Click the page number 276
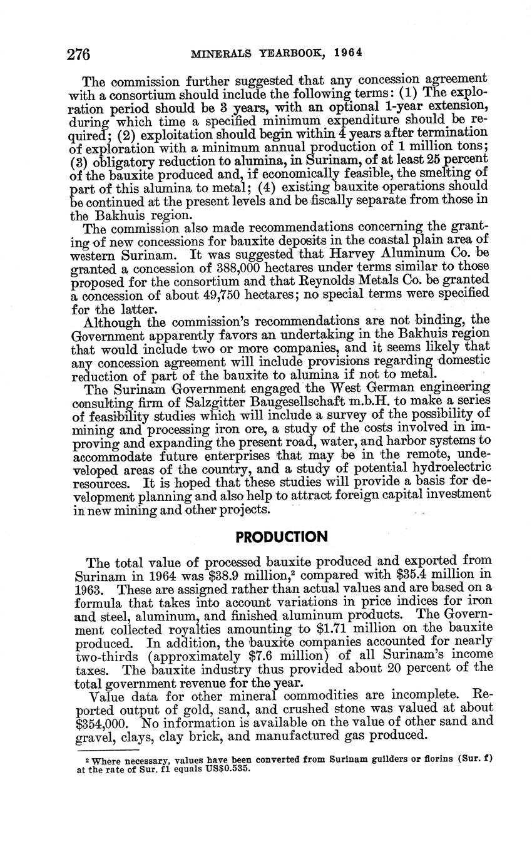(79, 54)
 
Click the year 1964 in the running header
(347, 53)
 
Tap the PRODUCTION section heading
(281, 537)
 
